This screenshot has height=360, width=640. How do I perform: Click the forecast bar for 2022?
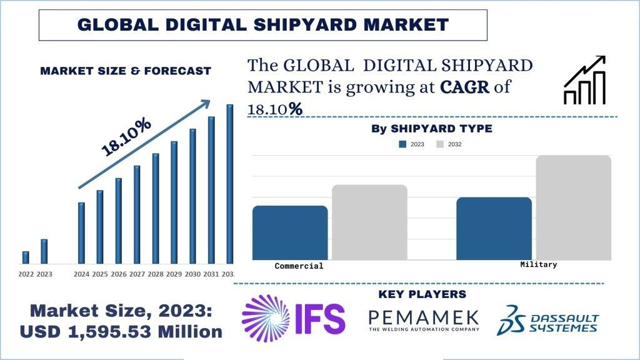26,257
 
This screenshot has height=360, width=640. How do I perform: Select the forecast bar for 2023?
44,251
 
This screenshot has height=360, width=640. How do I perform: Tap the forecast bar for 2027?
137,214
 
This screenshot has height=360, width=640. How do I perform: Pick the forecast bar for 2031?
211,189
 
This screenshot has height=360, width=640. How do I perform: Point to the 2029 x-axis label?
174,274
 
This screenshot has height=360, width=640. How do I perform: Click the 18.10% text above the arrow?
126,136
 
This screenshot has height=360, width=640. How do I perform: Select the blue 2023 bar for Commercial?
290,232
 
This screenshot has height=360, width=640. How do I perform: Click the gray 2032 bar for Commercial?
369,222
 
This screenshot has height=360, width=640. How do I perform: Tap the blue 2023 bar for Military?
494,228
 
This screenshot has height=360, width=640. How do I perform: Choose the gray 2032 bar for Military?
573,207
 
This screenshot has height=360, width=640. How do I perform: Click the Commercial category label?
299,266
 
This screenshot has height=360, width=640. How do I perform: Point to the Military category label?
538,265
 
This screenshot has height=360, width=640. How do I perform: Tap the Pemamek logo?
423,319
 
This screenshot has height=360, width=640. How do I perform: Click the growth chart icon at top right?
585,80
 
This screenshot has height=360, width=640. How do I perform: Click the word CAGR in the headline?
466,87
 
